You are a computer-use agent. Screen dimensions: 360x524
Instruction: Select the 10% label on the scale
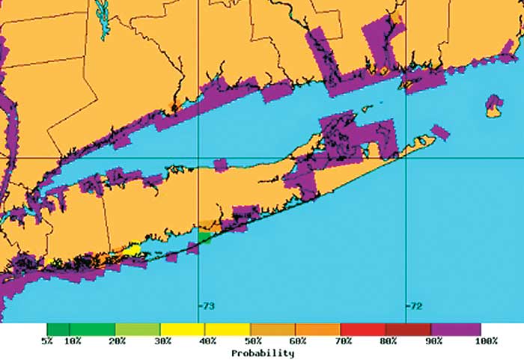pos(73,341)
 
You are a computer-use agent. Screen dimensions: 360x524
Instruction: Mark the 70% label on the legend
pos(343,341)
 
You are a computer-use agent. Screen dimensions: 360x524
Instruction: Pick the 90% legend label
pos(433,341)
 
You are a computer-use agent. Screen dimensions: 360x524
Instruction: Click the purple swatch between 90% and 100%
pos(456,329)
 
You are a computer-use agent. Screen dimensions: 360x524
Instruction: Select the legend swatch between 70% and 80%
pos(363,329)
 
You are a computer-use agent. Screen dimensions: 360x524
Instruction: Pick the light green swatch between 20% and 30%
pos(138,329)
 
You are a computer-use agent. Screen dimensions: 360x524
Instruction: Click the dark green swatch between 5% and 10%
pos(58,329)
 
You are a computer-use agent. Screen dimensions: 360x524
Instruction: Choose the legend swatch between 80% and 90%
pos(408,329)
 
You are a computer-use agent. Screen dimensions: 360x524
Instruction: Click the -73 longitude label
pos(206,306)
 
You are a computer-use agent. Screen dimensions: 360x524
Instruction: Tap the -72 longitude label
pos(414,306)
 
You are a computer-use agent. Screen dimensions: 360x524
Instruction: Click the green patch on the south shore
pos(204,237)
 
